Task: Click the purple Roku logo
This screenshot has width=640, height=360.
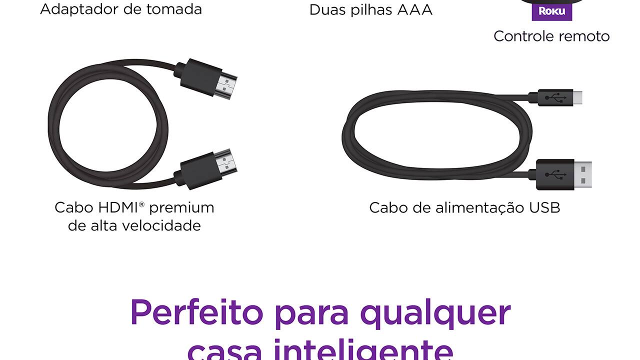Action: [x=551, y=11]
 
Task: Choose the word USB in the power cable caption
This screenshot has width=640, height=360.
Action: [x=544, y=207]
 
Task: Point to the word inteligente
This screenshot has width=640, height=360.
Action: [x=363, y=349]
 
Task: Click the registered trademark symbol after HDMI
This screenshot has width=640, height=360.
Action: [x=141, y=204]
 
